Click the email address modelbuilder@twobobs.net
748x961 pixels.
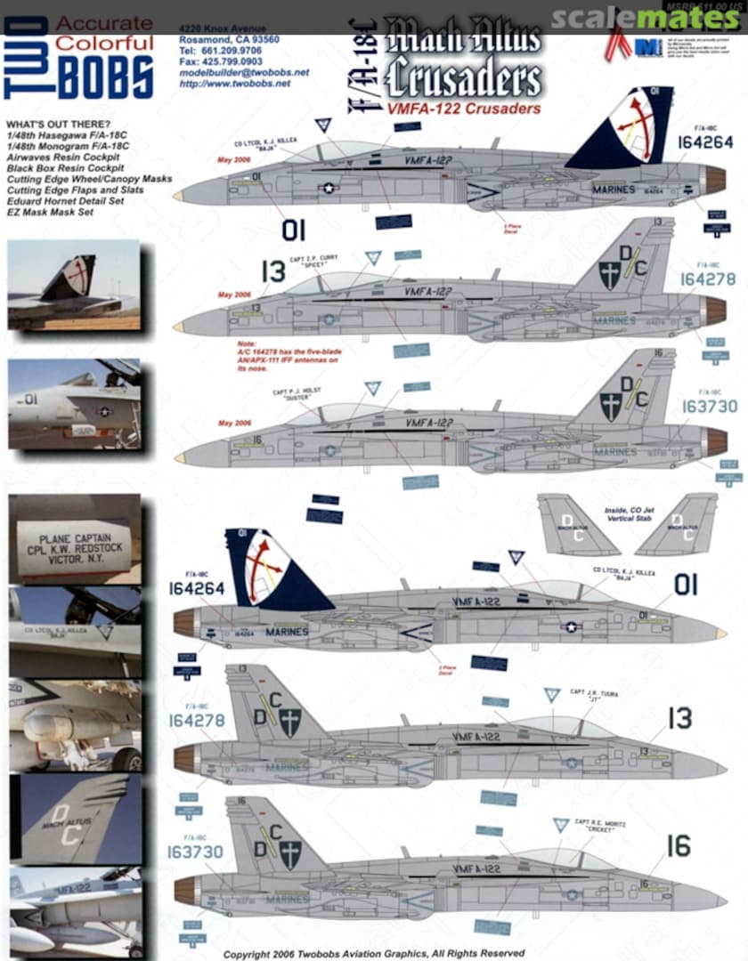click(244, 72)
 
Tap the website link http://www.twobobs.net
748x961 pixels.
click(235, 83)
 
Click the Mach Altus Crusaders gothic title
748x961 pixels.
click(462, 61)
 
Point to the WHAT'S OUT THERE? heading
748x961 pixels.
click(59, 123)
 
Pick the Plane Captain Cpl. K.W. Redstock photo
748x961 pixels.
click(75, 539)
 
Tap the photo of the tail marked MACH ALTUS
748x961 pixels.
click(75, 818)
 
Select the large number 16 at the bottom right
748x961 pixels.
click(679, 845)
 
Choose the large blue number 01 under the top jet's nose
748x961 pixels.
click(292, 230)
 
